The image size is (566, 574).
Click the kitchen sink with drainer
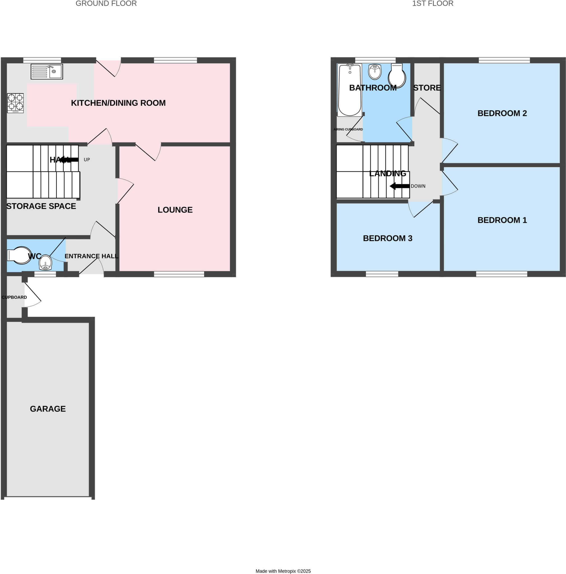click(x=46, y=71)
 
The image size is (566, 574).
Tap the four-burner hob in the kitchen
click(x=15, y=103)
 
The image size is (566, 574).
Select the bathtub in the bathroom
click(x=349, y=90)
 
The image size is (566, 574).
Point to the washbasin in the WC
click(x=45, y=262)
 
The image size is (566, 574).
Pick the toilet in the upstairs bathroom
click(x=397, y=76)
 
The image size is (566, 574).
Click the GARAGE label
click(x=48, y=409)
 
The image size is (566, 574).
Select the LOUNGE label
click(x=175, y=210)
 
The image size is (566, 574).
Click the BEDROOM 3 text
click(x=387, y=238)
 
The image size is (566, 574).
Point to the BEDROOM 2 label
click(x=502, y=113)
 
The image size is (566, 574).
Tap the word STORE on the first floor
click(x=427, y=88)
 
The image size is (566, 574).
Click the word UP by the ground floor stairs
click(x=87, y=159)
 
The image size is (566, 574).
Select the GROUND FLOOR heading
click(x=106, y=4)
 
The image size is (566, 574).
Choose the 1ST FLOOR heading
click(x=432, y=4)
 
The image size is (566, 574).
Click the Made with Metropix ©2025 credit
click(x=283, y=571)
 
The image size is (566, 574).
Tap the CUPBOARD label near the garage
click(x=14, y=297)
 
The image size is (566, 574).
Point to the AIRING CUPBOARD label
click(x=348, y=129)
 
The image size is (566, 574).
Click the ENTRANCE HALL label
click(x=91, y=256)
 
